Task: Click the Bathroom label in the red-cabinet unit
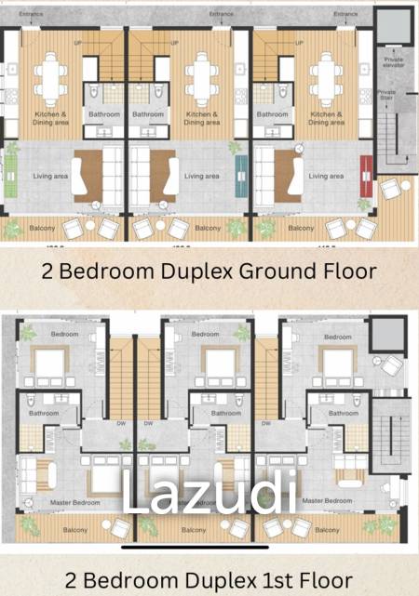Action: (272, 114)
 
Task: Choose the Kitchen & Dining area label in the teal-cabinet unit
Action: (201, 118)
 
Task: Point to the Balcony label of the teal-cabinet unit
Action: (209, 228)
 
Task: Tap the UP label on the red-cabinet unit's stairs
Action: (297, 43)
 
